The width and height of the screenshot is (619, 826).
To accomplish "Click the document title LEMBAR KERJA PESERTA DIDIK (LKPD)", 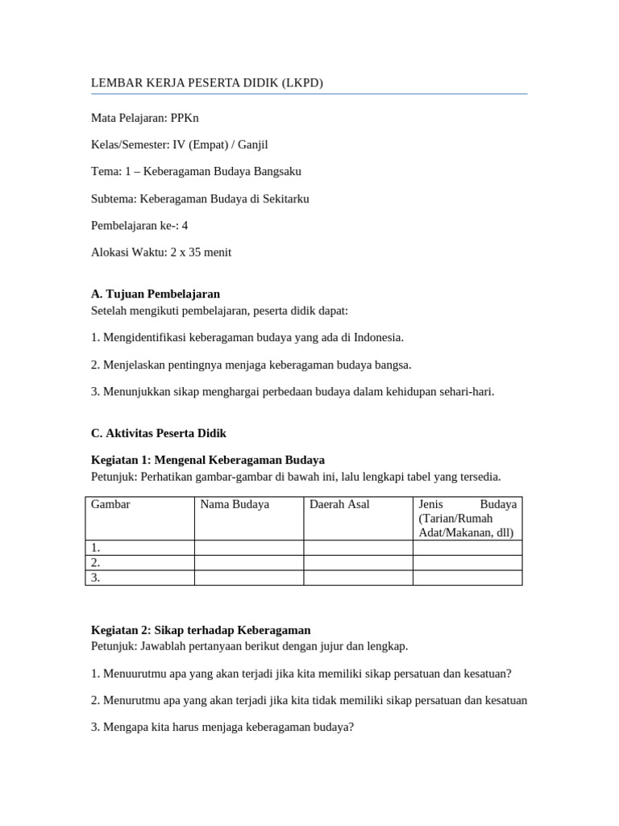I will coord(207,83).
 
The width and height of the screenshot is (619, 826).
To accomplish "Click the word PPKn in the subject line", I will coord(185,118).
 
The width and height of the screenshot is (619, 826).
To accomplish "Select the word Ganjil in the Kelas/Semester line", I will coord(250,144).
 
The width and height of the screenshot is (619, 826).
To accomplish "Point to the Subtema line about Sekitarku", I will coord(200,198).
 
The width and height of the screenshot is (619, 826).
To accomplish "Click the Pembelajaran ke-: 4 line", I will coord(139,225).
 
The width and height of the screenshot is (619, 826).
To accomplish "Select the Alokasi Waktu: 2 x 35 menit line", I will coord(161,252).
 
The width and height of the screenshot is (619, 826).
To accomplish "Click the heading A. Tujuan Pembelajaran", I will coord(156,294).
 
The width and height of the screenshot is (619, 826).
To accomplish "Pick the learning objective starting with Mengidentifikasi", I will coord(247,337).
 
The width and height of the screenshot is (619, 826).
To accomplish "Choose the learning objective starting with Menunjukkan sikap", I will coord(293,391).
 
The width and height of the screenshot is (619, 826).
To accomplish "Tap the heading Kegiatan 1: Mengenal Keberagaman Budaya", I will coord(208,460).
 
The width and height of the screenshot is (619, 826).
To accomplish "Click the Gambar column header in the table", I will coord(111,504).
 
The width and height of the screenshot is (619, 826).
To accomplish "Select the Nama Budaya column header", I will coord(235,504).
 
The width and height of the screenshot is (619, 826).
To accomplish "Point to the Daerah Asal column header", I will coord(339,504).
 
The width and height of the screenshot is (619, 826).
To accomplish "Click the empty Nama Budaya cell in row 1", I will coord(248,548).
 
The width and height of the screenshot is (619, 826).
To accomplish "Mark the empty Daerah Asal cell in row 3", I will coord(358,578).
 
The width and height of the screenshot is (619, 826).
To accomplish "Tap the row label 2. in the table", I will coord(96,562).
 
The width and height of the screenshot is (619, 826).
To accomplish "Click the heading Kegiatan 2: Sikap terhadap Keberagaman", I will coord(201,630).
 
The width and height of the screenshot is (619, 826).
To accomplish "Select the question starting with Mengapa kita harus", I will coord(222,727).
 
